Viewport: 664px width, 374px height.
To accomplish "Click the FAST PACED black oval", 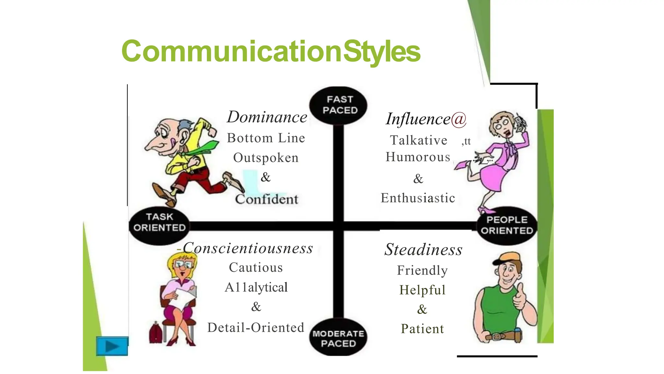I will coord(338,105).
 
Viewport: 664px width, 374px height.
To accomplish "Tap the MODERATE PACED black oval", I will coord(338,338).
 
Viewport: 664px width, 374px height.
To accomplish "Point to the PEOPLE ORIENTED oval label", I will coord(507,225).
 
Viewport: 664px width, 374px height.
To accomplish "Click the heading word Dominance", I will coord(267,117).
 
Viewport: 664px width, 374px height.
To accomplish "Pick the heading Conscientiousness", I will coord(248,248).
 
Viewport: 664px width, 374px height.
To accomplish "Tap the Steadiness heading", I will coord(423,250).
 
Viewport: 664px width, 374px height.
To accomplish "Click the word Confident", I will coord(267,199).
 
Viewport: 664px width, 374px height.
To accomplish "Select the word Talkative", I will coord(419,140).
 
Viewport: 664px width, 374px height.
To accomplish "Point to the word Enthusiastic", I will coord(418,198).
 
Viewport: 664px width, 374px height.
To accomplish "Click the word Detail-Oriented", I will coord(256,328).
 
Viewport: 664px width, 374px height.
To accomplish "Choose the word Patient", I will coord(422,329).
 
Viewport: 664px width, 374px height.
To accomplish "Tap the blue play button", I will coord(112,346).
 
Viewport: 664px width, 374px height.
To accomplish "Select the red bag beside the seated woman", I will coord(156,332).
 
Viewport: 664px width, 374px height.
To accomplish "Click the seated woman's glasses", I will coord(183,265).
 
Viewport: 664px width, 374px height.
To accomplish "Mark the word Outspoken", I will coord(266,158).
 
